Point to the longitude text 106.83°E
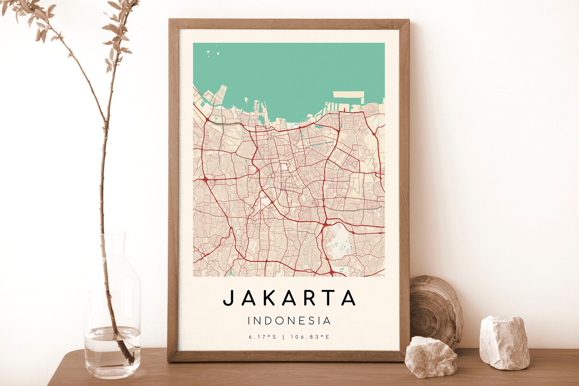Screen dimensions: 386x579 [x=310, y=337]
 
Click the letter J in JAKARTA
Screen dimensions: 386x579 [x=228, y=298]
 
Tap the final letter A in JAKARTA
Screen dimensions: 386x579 [x=349, y=298]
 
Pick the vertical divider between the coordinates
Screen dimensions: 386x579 [x=283, y=337]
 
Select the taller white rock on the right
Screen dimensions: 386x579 [x=499, y=341]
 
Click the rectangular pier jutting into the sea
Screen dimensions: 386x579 [x=348, y=95]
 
